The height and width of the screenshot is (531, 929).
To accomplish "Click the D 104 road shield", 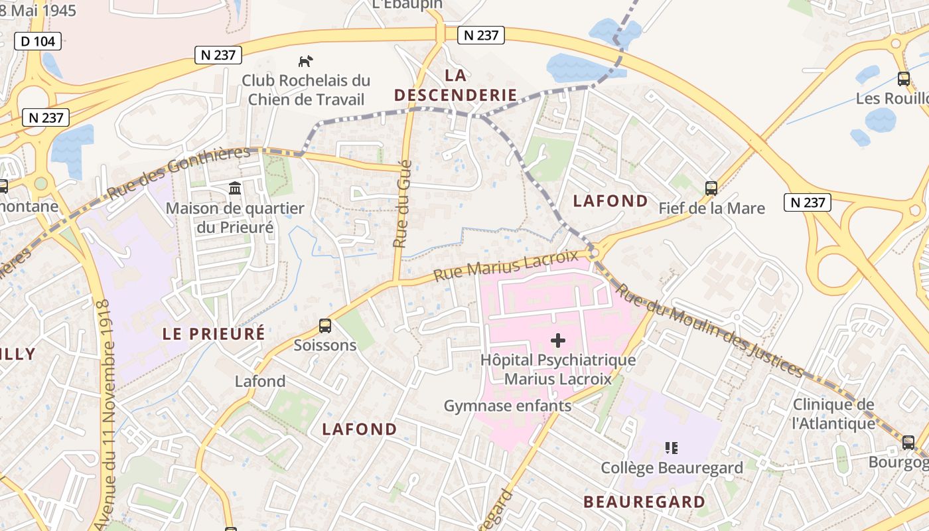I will (x=38, y=41).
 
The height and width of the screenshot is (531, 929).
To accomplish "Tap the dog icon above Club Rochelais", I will (x=305, y=62).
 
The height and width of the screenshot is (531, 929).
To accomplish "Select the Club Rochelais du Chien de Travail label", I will (x=306, y=90).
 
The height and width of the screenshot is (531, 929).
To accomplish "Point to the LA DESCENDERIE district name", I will (x=455, y=85).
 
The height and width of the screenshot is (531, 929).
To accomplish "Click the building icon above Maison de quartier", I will (x=235, y=189).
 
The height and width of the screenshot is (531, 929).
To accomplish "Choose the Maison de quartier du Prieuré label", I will (x=235, y=218).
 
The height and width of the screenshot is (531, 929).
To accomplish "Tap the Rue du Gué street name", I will (x=403, y=204).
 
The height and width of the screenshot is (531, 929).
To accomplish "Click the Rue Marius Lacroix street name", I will (x=506, y=265).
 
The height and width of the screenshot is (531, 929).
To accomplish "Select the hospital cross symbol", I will (x=558, y=341).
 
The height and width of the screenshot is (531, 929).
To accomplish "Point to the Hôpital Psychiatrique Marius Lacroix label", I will (x=558, y=370).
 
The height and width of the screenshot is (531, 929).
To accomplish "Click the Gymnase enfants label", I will (x=508, y=406).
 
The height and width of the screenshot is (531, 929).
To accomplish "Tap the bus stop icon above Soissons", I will (x=325, y=326).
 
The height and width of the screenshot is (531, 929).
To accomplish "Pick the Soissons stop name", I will (x=325, y=345).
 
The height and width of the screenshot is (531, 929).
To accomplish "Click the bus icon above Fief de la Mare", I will (x=711, y=189).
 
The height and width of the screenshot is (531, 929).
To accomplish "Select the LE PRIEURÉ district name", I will (x=214, y=334).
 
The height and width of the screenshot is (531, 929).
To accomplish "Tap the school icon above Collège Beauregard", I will (x=672, y=448).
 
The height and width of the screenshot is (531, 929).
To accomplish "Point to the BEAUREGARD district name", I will (x=644, y=502).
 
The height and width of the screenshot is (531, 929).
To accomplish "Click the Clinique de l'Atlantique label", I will (x=834, y=414).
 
